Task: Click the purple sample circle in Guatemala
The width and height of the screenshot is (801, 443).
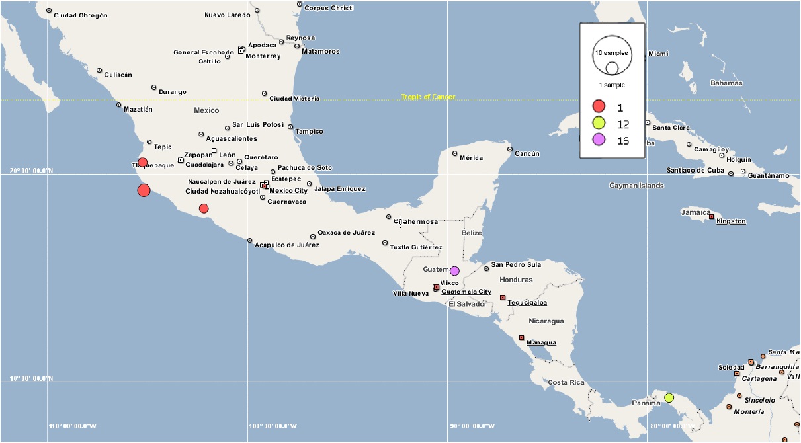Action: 454,270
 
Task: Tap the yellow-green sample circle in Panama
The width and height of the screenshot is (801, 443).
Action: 669,397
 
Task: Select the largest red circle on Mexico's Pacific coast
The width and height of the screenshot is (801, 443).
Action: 144,190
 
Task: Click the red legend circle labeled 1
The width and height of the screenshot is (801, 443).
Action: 599,106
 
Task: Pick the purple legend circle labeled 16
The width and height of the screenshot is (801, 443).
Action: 599,140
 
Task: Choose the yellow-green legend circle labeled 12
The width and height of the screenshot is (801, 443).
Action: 599,123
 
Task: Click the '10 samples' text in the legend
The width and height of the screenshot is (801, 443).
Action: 611,52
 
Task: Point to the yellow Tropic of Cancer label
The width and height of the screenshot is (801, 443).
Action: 428,97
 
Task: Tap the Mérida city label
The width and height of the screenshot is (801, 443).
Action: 471,158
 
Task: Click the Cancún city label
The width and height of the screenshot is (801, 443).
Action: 528,153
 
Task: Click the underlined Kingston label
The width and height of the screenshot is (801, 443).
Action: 731,221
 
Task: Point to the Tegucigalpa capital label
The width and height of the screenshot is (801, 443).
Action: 527,302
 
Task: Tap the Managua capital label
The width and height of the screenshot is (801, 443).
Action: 541,342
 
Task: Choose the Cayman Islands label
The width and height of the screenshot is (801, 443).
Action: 636,186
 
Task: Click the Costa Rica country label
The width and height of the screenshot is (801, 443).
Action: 566,382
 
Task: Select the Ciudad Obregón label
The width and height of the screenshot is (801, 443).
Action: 80,15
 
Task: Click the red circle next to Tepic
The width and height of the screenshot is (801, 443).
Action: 142,162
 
